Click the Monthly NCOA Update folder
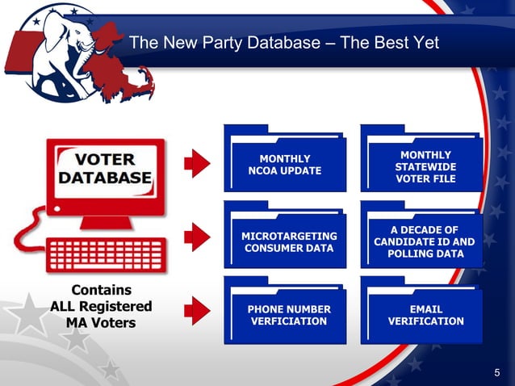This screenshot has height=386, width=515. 284,162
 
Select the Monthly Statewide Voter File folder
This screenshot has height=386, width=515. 421,162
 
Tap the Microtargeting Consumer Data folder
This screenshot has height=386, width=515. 284,237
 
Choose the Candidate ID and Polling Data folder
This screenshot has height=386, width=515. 421,239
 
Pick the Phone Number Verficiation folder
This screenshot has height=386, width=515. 284,313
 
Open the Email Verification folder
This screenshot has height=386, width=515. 421,313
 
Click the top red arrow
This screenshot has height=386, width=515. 196,163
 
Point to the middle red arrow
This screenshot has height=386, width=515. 196,237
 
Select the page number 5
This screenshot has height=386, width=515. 497,372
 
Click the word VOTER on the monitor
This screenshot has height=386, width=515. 105,158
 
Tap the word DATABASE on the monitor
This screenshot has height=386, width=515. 105,177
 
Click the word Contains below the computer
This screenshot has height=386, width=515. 103,289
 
